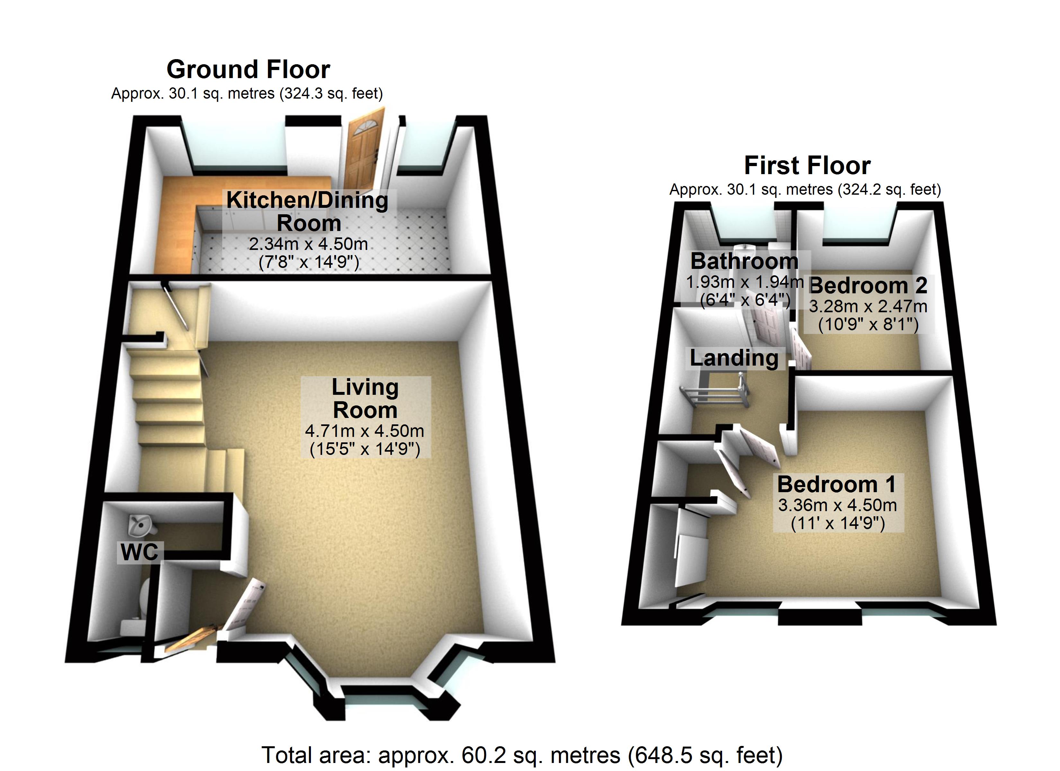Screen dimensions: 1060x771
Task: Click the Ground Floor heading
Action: [248, 70]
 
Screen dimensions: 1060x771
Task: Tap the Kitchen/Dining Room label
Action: [307, 211]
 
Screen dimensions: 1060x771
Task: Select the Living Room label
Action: [365, 399]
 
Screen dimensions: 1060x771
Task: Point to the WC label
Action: [139, 552]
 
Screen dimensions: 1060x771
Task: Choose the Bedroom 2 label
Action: [868, 285]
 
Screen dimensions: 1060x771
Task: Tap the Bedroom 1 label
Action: [836, 484]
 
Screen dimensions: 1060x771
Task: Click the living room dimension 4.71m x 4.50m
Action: [365, 430]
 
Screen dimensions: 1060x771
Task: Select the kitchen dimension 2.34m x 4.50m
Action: [308, 244]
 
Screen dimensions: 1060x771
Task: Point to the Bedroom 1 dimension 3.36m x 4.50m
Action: [837, 505]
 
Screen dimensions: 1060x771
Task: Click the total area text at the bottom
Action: [522, 756]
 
